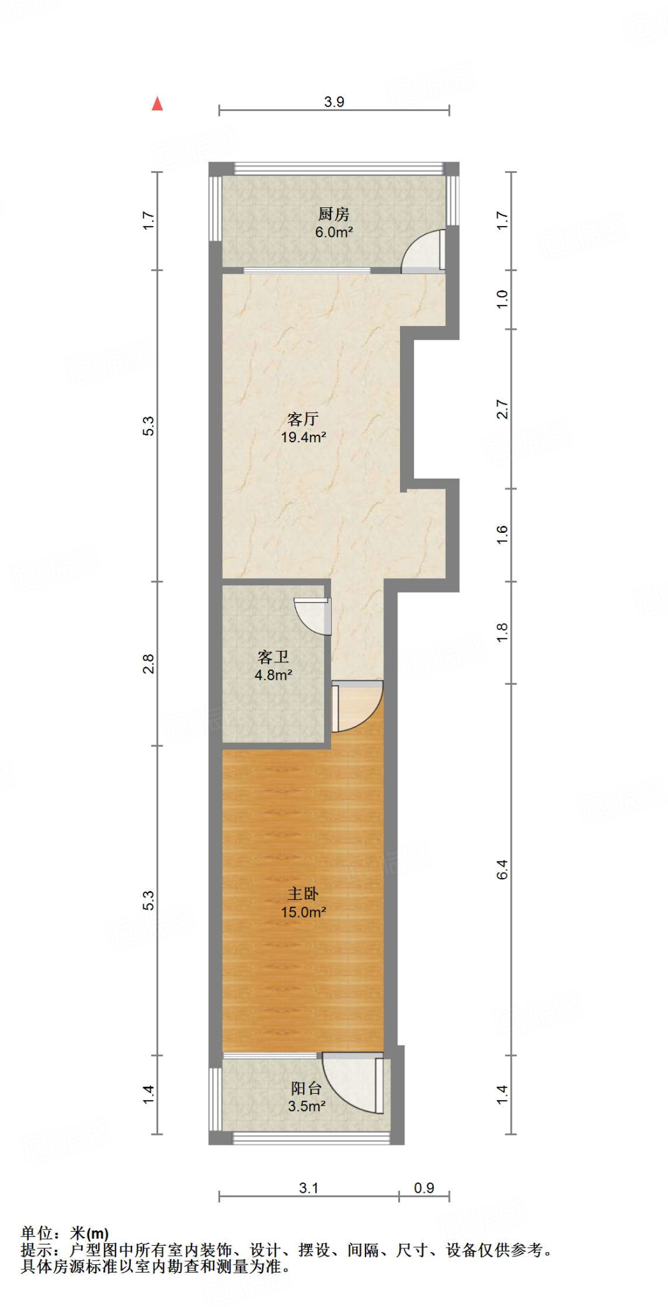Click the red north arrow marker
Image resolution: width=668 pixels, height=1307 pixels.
tap(157, 103)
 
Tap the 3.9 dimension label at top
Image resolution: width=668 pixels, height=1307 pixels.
tap(334, 101)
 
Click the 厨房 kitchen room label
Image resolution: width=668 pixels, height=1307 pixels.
tap(334, 214)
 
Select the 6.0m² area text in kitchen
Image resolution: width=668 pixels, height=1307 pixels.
tap(334, 232)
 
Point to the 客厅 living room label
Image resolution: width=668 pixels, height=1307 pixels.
tap(303, 419)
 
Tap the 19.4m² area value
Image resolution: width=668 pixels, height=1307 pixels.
tap(303, 437)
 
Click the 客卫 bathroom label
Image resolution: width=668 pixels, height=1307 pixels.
tap(273, 657)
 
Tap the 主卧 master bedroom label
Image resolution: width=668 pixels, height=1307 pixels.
tap(303, 894)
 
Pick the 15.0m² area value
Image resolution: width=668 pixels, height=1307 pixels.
tap(303, 912)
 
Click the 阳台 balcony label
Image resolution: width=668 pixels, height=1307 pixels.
tap(306, 1088)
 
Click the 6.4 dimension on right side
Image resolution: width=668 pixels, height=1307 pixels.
tap(503, 869)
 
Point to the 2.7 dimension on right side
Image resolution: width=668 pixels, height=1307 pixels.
tap(503, 409)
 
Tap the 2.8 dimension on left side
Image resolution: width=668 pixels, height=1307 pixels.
tap(149, 664)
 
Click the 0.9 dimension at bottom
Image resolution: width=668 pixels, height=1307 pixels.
tap(424, 1188)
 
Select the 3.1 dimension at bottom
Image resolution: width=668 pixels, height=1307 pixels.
tap(309, 1188)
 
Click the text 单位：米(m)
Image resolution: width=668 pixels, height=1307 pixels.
tap(64, 1234)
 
